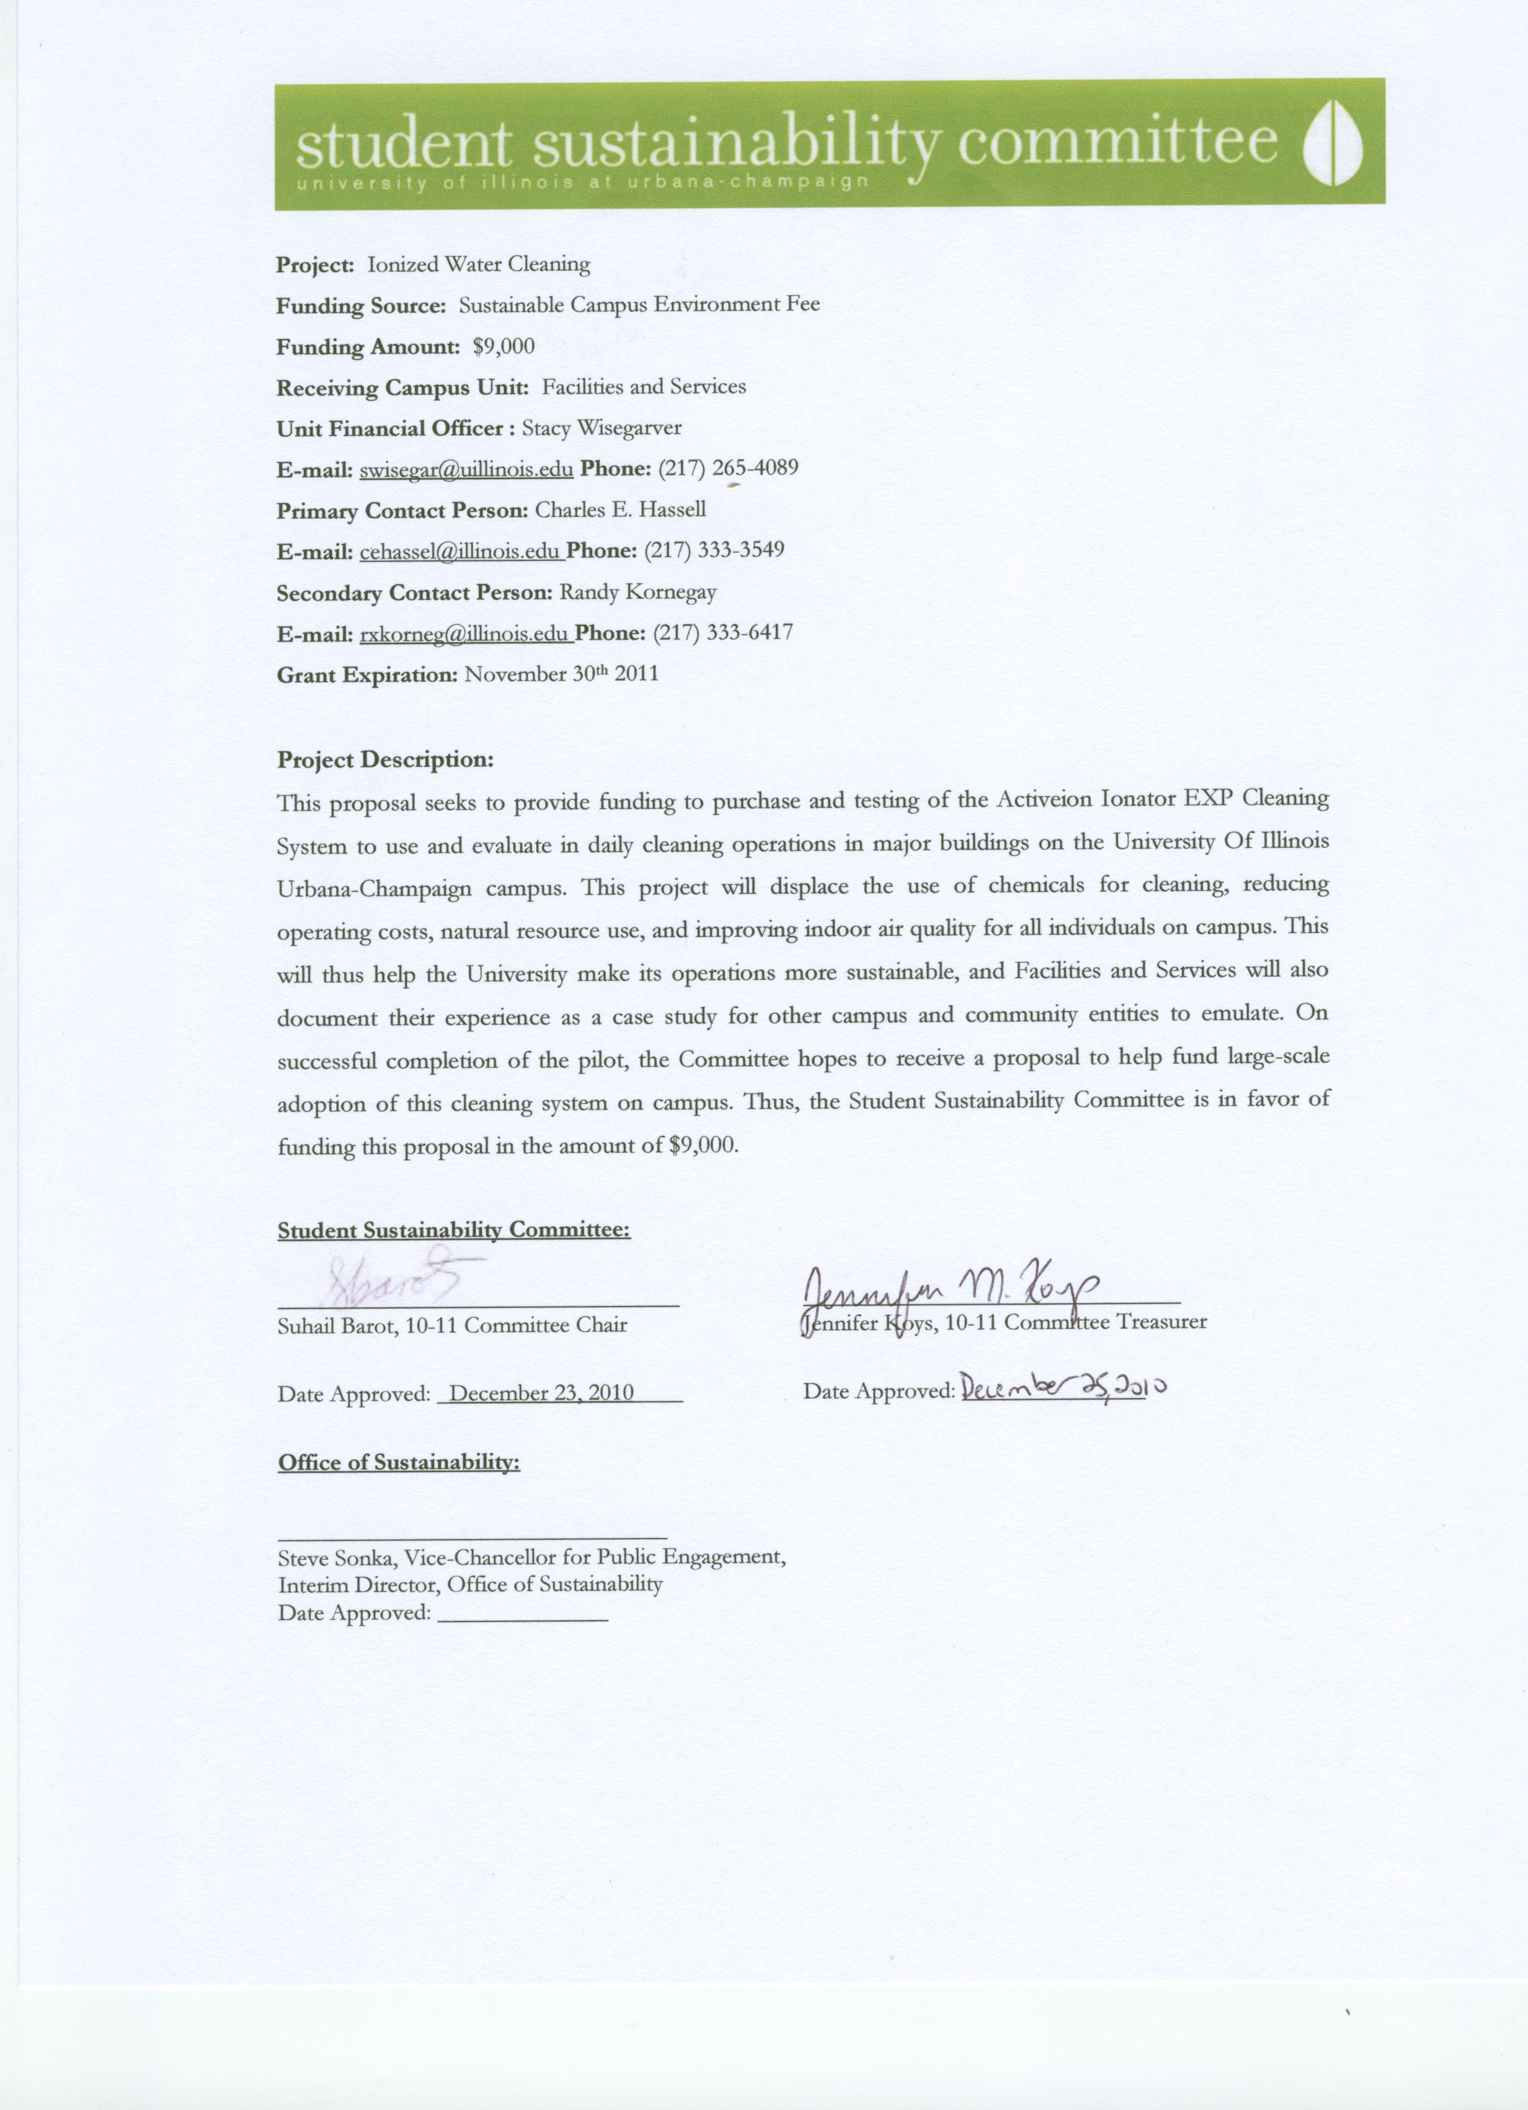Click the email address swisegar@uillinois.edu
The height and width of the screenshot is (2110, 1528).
(x=465, y=470)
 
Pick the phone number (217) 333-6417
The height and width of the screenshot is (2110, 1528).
(x=723, y=633)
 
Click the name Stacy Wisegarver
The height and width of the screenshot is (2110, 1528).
(x=601, y=429)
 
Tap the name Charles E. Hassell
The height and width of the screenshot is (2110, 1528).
(x=620, y=510)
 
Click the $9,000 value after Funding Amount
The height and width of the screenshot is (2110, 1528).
(x=504, y=347)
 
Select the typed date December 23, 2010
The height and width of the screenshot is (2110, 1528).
(x=541, y=1393)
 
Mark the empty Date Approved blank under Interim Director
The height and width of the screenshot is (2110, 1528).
(x=521, y=1620)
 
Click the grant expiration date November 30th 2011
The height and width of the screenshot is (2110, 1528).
(x=561, y=674)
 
